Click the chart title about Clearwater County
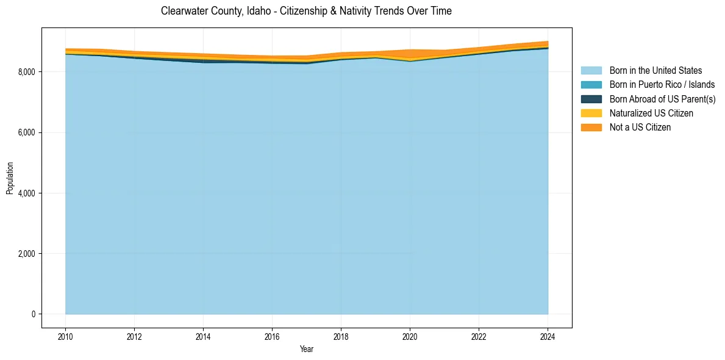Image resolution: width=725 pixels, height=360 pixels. (306, 11)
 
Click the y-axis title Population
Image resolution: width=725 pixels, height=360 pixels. (10, 178)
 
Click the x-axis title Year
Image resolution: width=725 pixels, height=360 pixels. (307, 349)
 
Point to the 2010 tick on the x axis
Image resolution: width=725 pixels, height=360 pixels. (65, 336)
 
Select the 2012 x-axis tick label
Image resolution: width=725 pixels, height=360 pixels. (134, 336)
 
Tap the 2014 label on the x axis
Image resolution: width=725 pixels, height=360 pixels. (203, 336)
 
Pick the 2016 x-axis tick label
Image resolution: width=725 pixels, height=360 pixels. (272, 336)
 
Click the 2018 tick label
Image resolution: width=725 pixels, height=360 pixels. (341, 336)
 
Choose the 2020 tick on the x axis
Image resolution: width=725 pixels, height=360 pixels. (410, 336)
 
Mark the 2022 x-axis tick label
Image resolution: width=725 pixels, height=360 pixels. (479, 336)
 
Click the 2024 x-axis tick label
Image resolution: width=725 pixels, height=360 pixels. (548, 336)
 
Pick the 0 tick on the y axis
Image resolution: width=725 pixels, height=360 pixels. (34, 314)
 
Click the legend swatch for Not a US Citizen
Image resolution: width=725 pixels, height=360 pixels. (591, 128)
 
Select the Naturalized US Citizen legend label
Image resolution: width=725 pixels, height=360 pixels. (651, 113)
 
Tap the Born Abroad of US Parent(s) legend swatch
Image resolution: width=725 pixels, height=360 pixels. (591, 99)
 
